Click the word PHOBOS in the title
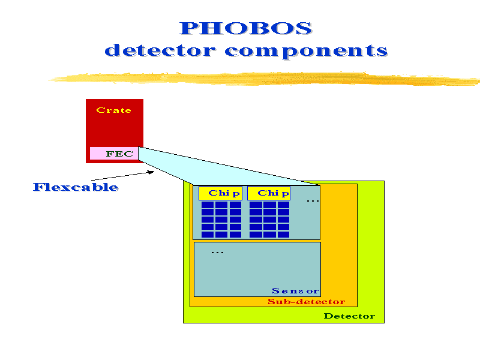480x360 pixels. coord(245,28)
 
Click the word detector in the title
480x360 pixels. coord(160,50)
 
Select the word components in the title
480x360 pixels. coord(306,51)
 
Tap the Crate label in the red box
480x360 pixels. coord(114,110)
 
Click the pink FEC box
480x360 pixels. coord(114,154)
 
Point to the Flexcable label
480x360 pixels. coord(76,187)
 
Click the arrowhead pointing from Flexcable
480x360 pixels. coord(151,172)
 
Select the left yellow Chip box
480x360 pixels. coord(220,193)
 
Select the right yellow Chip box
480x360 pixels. coord(269,193)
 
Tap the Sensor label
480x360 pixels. coord(295,290)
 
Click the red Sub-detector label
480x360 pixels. coord(307,302)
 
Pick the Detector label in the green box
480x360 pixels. coord(349,316)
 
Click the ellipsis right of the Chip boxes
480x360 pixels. coord(313,201)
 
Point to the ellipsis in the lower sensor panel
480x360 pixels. coord(217,253)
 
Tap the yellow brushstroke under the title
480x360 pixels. coord(263,79)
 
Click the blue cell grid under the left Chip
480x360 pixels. coord(221,219)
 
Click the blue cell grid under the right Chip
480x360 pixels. coord(269,219)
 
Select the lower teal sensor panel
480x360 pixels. coord(257,269)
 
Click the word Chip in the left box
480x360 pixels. coord(224,193)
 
